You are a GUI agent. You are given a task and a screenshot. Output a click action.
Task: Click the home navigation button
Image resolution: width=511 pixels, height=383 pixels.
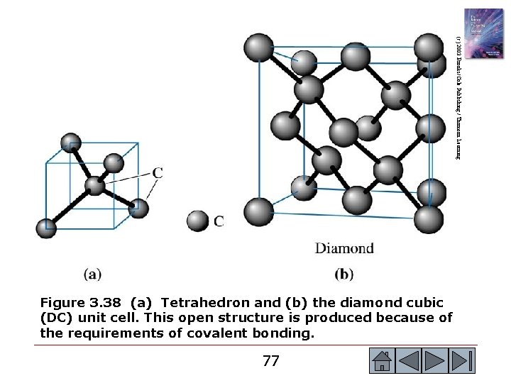pos(383,361)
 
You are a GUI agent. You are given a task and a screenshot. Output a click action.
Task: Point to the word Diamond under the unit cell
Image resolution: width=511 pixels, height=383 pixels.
pos(344,248)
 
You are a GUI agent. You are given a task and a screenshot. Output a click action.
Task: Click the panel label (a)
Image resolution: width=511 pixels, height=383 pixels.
pos(92,273)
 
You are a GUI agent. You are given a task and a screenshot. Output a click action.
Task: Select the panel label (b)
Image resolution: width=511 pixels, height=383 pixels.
pos(343,273)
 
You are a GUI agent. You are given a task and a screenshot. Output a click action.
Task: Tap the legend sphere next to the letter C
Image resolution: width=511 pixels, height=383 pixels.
pos(197,221)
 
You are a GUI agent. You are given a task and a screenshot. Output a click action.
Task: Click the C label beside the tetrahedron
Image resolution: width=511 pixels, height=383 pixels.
pos(158,172)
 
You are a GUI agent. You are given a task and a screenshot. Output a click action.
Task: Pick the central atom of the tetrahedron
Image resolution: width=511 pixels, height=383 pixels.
pos(95,187)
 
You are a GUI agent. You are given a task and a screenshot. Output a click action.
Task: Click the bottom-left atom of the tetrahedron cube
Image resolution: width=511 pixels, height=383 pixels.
pos(46,228)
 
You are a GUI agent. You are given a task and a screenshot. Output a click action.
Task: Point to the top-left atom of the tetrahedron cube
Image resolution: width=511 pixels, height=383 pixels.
pos(70,142)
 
